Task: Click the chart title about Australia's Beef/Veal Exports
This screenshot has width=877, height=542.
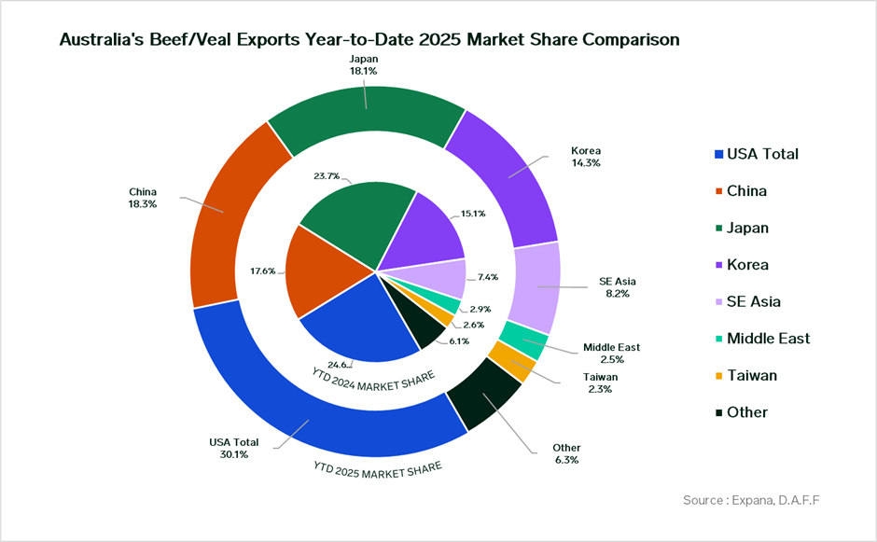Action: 369,40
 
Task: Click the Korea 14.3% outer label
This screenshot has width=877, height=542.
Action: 585,157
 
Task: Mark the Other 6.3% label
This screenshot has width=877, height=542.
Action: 566,453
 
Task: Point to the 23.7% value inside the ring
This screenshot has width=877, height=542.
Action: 327,176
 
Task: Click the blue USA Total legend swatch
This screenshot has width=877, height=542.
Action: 717,154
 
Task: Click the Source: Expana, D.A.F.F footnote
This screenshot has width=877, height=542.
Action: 753,501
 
